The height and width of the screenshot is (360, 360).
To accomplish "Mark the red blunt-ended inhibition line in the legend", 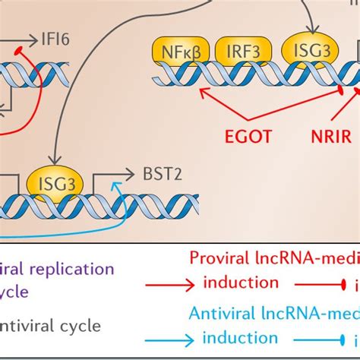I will [x=317, y=284].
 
